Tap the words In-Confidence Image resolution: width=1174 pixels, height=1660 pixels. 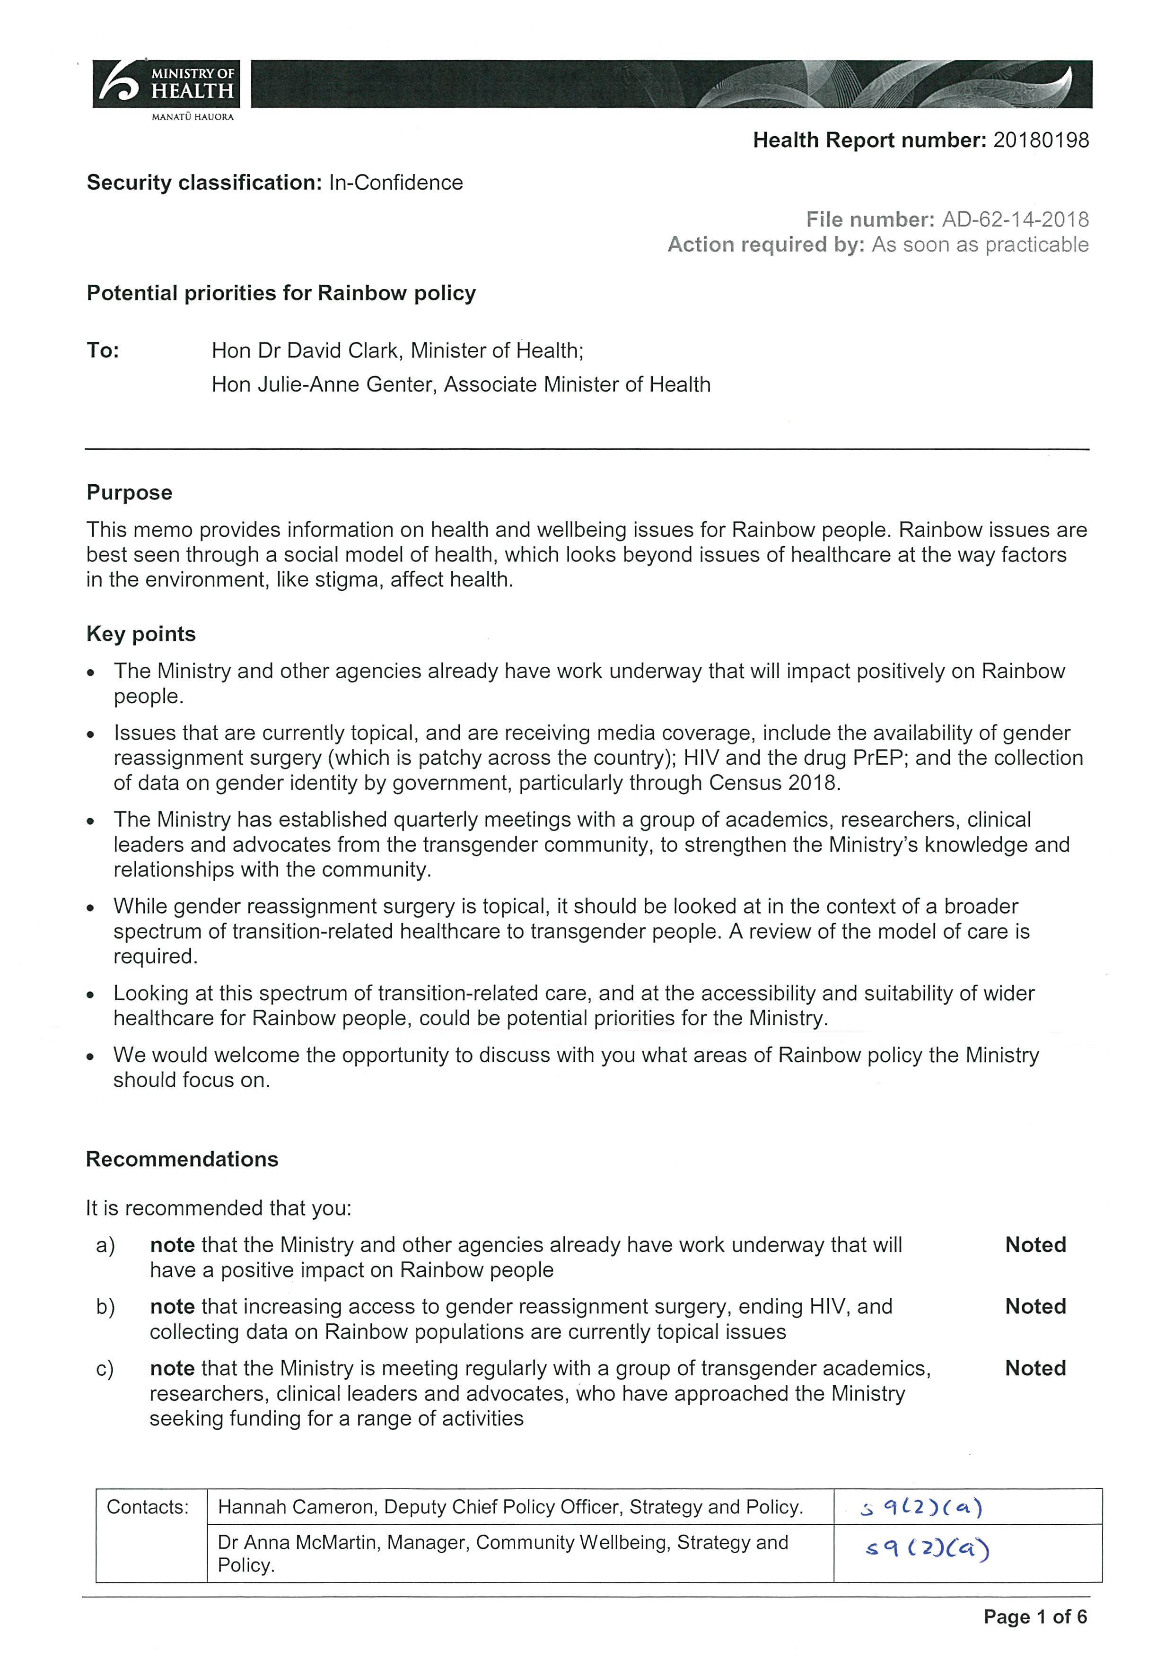coord(395,183)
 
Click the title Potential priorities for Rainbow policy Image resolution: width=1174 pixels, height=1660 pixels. coord(281,294)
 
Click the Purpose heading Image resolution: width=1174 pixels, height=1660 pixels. coord(130,493)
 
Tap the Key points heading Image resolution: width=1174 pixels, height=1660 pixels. coord(141,634)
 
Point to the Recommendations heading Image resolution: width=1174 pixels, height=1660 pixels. coord(182,1160)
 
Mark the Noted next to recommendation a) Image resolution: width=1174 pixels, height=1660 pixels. coord(1035,1245)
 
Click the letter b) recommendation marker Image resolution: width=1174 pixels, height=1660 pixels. coord(105,1307)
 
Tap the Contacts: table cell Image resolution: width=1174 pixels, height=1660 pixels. coord(148,1507)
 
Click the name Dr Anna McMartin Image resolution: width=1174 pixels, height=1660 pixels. coord(298,1543)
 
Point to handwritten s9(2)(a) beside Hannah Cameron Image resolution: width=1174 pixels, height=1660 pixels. coord(921,1508)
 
